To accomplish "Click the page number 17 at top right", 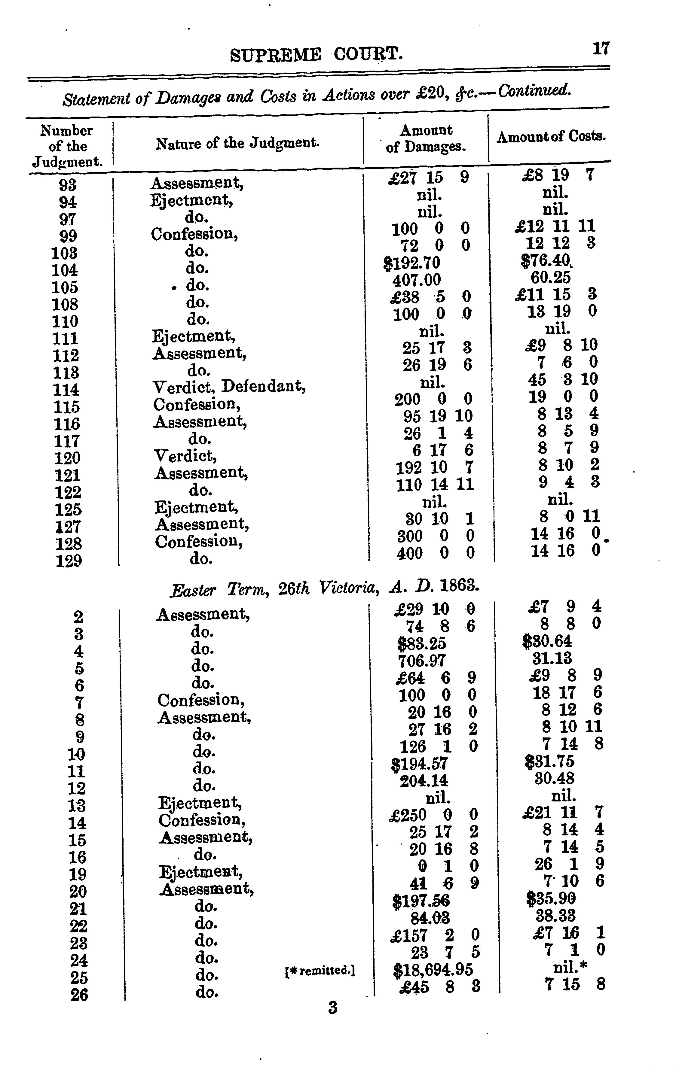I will tap(601, 48).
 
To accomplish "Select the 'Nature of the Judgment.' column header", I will tap(238, 144).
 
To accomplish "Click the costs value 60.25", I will tap(550, 278).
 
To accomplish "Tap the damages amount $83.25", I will tap(421, 643).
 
